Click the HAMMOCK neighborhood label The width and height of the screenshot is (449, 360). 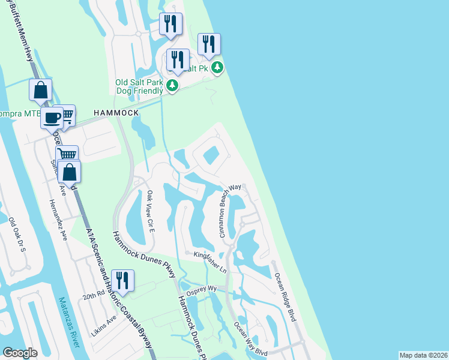116,113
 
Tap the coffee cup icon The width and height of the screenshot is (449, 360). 52,116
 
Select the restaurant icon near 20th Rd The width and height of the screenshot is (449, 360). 122,280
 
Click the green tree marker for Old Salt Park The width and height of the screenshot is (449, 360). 173,86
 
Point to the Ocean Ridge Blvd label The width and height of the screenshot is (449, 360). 286,298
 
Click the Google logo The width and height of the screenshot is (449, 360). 20,353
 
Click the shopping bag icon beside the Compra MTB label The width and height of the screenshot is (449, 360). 40,91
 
